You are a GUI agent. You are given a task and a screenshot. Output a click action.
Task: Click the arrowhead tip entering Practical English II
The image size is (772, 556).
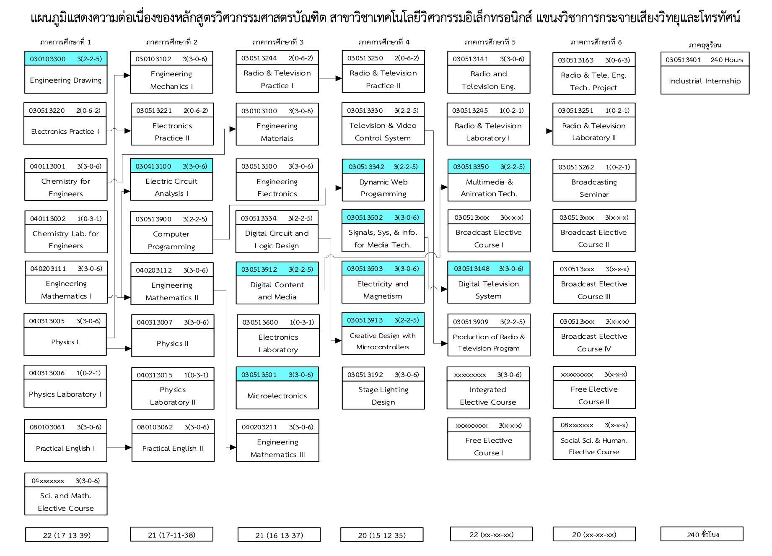(x=132, y=447)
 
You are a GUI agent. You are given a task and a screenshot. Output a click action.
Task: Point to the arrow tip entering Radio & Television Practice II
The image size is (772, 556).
(x=342, y=78)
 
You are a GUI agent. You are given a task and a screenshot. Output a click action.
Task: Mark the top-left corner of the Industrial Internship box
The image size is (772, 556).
(x=661, y=52)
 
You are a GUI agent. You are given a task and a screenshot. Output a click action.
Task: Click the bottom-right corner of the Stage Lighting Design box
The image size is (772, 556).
(x=425, y=409)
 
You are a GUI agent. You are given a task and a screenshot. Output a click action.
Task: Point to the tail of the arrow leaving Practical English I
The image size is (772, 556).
(x=107, y=447)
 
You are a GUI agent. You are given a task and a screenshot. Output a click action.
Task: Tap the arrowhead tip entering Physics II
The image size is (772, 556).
(x=132, y=348)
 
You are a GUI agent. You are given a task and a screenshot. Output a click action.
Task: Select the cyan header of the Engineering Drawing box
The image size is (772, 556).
(x=66, y=59)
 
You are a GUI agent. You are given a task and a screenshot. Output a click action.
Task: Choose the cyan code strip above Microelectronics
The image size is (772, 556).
(x=277, y=374)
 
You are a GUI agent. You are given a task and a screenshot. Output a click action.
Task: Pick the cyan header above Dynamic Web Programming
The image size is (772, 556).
(x=383, y=166)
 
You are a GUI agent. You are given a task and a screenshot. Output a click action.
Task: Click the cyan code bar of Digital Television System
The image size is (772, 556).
(x=489, y=268)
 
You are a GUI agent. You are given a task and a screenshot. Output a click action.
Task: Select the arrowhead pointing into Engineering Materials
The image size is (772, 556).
(x=233, y=129)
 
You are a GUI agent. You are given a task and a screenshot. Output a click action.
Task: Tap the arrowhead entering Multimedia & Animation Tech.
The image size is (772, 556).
(x=445, y=187)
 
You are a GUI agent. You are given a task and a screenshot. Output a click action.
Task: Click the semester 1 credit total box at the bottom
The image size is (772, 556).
(x=67, y=535)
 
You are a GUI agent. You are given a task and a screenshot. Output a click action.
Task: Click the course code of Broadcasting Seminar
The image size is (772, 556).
(x=576, y=167)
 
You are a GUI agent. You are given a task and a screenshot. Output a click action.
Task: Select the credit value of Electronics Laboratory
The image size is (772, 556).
(x=302, y=322)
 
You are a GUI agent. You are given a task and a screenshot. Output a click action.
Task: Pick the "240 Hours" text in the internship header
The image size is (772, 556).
(x=727, y=60)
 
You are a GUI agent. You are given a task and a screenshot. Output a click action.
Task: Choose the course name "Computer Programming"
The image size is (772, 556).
(x=171, y=240)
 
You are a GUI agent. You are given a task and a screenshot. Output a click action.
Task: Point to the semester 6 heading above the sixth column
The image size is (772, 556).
(x=596, y=42)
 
